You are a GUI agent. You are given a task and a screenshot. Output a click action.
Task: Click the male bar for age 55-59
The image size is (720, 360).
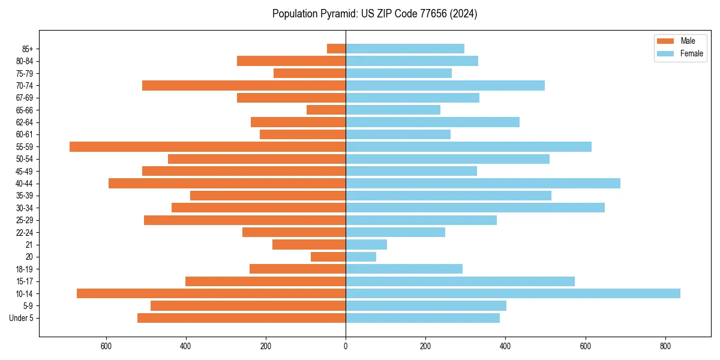[x=208, y=146]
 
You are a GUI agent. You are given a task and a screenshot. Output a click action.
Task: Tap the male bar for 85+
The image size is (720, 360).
[x=336, y=49]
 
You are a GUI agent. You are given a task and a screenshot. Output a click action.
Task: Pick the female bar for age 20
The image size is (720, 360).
[x=361, y=257]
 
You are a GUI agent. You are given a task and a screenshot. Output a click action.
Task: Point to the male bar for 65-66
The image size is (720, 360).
[x=326, y=110]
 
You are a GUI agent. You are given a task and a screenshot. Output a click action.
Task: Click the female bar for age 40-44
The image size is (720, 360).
[x=483, y=183]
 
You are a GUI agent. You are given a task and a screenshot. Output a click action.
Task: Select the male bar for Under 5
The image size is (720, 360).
[x=241, y=318]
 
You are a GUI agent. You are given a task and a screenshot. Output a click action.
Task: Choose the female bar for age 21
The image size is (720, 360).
[x=366, y=244]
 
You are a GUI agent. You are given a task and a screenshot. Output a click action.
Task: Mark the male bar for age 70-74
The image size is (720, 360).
[x=244, y=85]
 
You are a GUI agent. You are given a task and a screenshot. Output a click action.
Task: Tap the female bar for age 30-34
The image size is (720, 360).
[x=475, y=208]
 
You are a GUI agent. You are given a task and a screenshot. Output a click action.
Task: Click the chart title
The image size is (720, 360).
[x=374, y=14]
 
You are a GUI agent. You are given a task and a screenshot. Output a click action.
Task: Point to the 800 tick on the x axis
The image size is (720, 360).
[x=665, y=346]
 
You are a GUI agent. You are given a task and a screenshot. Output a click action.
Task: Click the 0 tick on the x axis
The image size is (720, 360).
[x=346, y=346]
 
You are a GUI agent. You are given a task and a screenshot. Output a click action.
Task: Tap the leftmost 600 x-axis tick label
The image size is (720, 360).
[x=106, y=346]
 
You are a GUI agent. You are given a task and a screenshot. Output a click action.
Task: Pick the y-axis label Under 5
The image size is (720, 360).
[x=21, y=318]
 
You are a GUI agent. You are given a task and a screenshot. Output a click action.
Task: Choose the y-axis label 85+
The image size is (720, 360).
[x=26, y=49]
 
